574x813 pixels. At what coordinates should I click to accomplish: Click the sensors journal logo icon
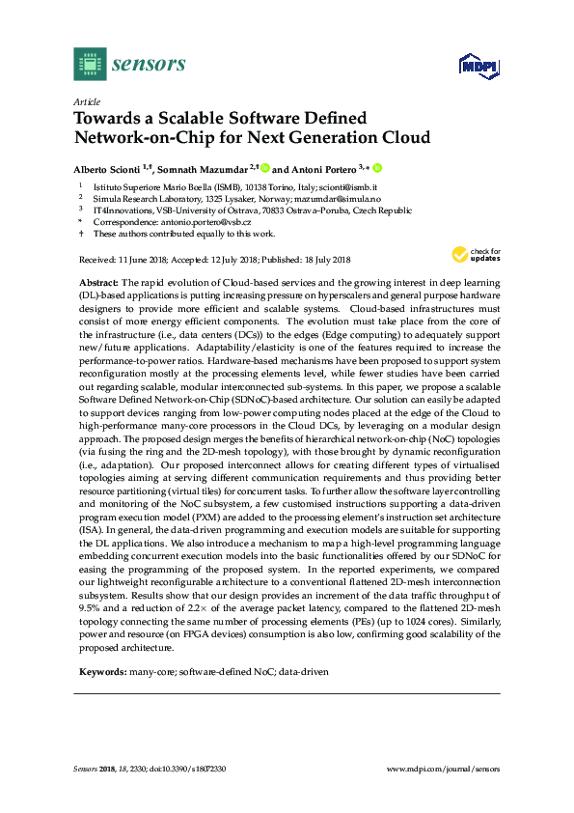click(89, 65)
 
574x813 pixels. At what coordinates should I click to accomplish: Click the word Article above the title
click(86, 100)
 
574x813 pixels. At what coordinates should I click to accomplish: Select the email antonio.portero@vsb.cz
click(188, 221)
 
